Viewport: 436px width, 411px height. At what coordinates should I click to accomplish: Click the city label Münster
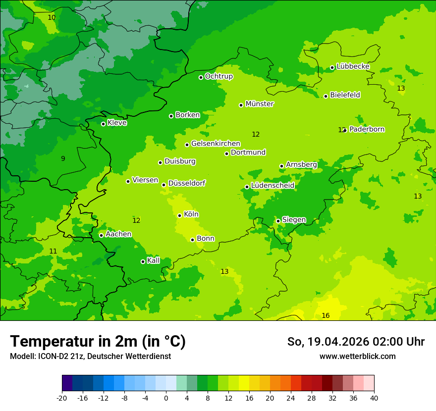(260, 104)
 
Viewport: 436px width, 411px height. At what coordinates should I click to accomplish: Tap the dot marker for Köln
(179, 215)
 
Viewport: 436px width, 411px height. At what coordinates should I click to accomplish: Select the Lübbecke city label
(353, 66)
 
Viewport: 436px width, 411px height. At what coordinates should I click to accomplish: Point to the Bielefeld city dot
(326, 96)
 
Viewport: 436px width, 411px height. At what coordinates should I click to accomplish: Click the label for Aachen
(118, 234)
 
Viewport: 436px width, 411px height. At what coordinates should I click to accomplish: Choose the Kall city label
(154, 260)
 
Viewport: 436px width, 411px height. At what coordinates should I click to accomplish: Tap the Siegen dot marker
(278, 221)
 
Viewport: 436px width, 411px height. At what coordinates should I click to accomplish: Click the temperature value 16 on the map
(326, 315)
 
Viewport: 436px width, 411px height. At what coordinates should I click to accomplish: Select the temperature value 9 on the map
(63, 159)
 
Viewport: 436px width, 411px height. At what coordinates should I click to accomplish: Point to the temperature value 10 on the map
(52, 17)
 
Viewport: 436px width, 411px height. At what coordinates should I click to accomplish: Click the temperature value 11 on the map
(53, 252)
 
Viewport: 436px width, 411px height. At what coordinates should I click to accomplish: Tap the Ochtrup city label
(218, 76)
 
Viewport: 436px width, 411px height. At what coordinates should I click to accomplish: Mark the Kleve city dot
(103, 124)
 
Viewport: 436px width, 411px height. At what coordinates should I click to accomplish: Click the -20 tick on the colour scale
(62, 398)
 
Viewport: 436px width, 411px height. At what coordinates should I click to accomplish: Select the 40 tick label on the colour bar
(374, 398)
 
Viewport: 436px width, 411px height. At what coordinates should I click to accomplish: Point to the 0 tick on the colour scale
(166, 398)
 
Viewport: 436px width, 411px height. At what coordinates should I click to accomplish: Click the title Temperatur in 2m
(98, 341)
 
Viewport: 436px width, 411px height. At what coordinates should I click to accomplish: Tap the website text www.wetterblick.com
(357, 356)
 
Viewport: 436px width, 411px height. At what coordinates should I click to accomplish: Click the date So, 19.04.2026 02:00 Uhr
(356, 342)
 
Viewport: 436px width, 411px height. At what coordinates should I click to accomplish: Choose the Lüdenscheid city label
(272, 186)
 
